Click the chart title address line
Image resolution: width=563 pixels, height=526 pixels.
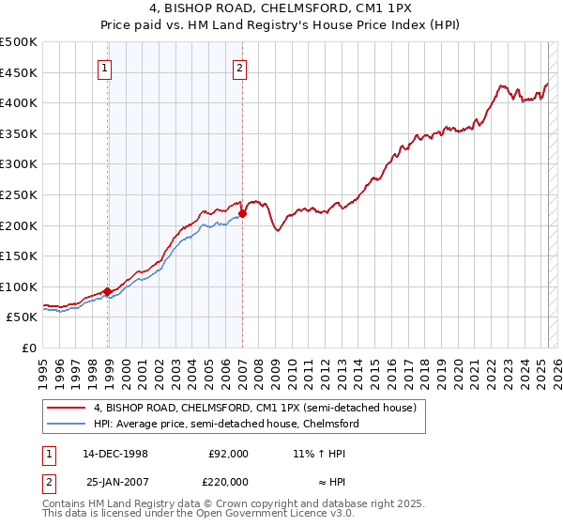281,8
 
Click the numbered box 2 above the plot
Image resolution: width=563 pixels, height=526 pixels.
239,67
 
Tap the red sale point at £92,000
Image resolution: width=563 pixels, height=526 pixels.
108,291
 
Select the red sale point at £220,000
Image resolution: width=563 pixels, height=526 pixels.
242,213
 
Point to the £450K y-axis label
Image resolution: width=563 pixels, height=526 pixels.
19,72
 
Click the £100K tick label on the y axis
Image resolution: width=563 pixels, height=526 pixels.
19,286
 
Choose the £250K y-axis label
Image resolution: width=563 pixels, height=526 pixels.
19,194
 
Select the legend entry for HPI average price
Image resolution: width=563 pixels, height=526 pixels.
225,424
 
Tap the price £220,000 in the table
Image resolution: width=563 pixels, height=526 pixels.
228,482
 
